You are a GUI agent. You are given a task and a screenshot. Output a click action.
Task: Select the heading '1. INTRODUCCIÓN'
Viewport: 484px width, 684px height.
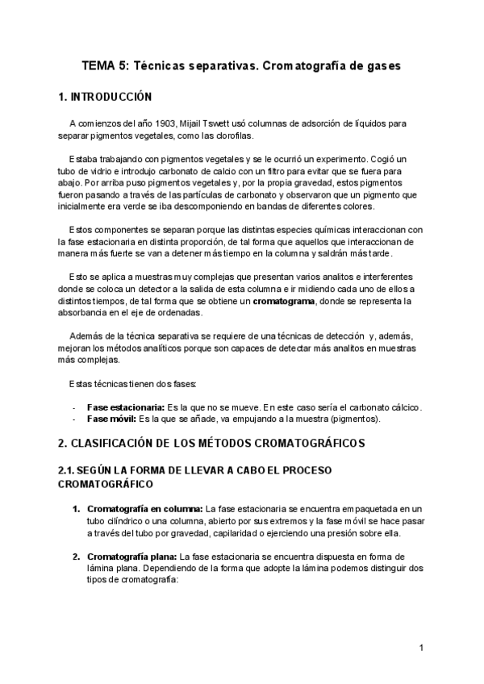tap(105, 97)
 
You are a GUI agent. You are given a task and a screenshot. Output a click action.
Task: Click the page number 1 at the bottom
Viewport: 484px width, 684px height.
tap(421, 649)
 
